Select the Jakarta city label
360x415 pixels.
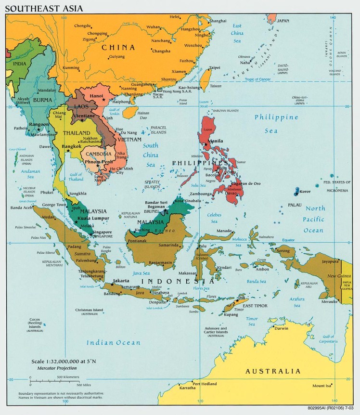point(121,281)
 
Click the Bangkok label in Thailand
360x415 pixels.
point(71,145)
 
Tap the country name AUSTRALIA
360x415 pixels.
point(273,371)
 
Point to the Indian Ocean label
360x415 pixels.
point(114,343)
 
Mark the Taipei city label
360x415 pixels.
point(214,67)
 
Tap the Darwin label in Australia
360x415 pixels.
point(281,328)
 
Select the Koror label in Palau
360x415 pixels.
point(305,192)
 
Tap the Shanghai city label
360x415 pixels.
point(218,21)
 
